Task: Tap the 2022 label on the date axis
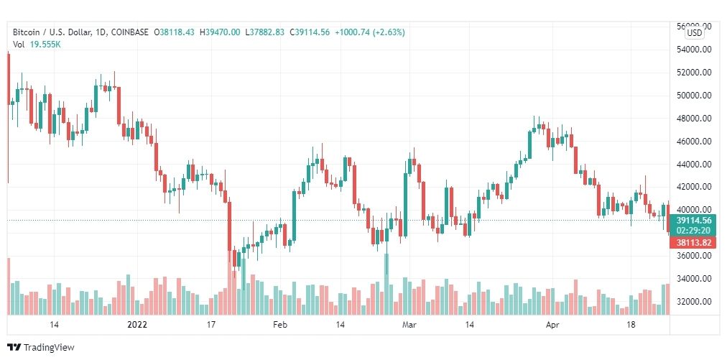point(136,325)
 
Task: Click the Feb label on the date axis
point(280,325)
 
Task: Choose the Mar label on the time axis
point(409,325)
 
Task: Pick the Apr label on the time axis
point(552,325)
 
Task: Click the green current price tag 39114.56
point(694,220)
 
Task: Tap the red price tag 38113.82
point(694,243)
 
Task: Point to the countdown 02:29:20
point(694,230)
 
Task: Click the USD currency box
point(695,32)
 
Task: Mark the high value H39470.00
point(221,32)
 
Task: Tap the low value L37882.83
point(265,32)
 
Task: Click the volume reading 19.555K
point(45,45)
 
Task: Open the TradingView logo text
point(49,348)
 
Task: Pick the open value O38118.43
point(175,32)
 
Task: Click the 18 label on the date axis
point(631,325)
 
